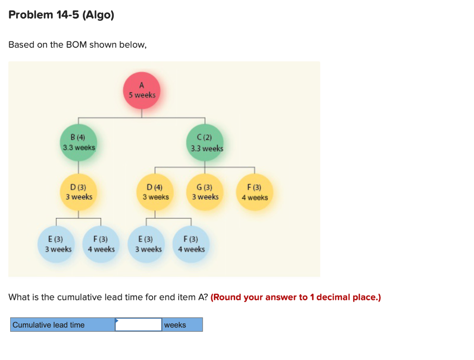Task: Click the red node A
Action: click(142, 90)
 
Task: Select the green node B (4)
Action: click(79, 142)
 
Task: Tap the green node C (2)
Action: click(205, 142)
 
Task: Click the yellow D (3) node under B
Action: click(79, 192)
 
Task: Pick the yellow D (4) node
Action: click(156, 192)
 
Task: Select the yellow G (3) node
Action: click(205, 192)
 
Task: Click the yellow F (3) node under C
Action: click(255, 192)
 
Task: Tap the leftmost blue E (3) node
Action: click(58, 244)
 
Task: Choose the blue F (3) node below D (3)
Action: click(101, 244)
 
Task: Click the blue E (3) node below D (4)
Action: click(148, 244)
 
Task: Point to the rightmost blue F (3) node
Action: click(191, 244)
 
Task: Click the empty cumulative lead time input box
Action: click(138, 325)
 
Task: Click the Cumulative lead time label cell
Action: click(62, 325)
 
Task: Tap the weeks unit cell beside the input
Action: click(182, 325)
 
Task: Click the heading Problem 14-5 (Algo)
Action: click(61, 15)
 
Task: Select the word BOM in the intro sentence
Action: click(77, 45)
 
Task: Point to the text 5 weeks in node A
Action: click(142, 95)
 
